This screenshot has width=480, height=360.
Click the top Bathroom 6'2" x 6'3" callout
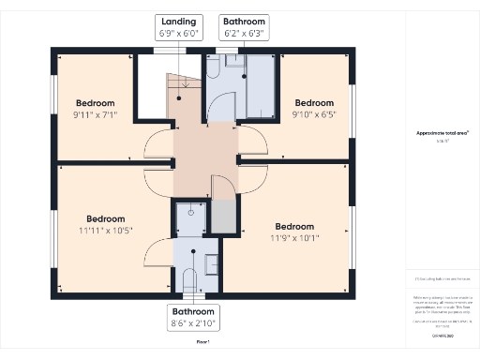pos(243,27)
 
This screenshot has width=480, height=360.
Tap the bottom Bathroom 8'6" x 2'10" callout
pos(193,317)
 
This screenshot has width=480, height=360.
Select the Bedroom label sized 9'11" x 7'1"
pos(96,109)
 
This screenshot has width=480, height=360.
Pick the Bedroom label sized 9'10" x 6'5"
pos(314,109)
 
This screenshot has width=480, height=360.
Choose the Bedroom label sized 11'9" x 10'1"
pos(294,232)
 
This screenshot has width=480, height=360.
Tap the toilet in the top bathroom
pos(212,67)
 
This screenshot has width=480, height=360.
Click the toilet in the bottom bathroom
pos(189,278)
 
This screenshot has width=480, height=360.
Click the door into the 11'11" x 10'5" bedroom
pos(158,250)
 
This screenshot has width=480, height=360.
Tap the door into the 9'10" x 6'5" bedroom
pos(251,141)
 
